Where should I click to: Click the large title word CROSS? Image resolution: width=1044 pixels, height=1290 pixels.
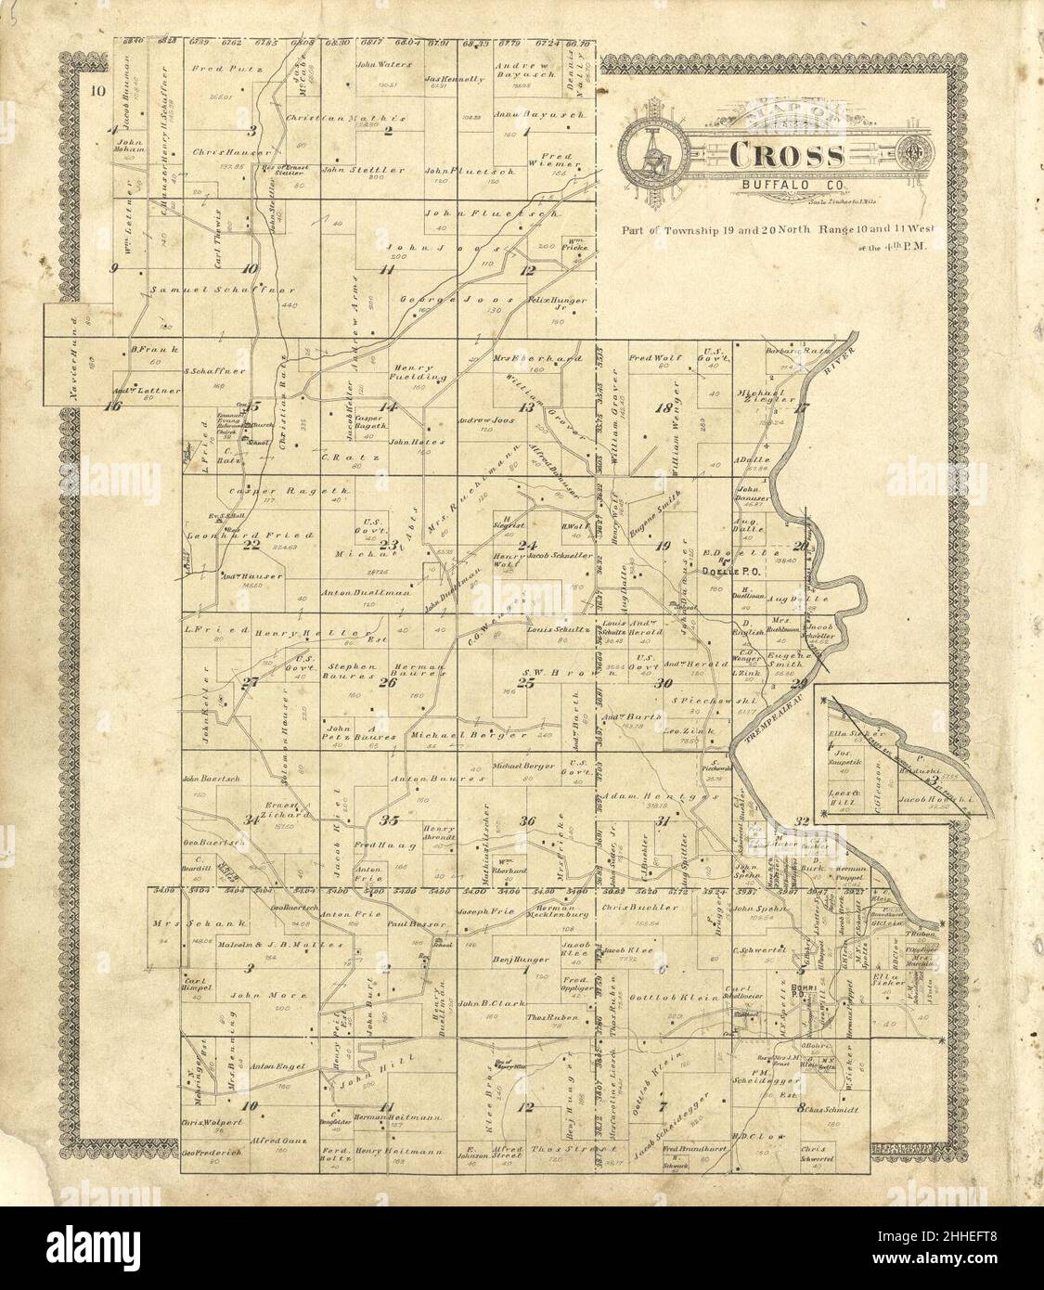(786, 156)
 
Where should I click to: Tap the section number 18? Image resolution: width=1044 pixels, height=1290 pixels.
(663, 407)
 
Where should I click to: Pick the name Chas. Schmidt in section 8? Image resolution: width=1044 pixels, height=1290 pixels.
(831, 1110)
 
